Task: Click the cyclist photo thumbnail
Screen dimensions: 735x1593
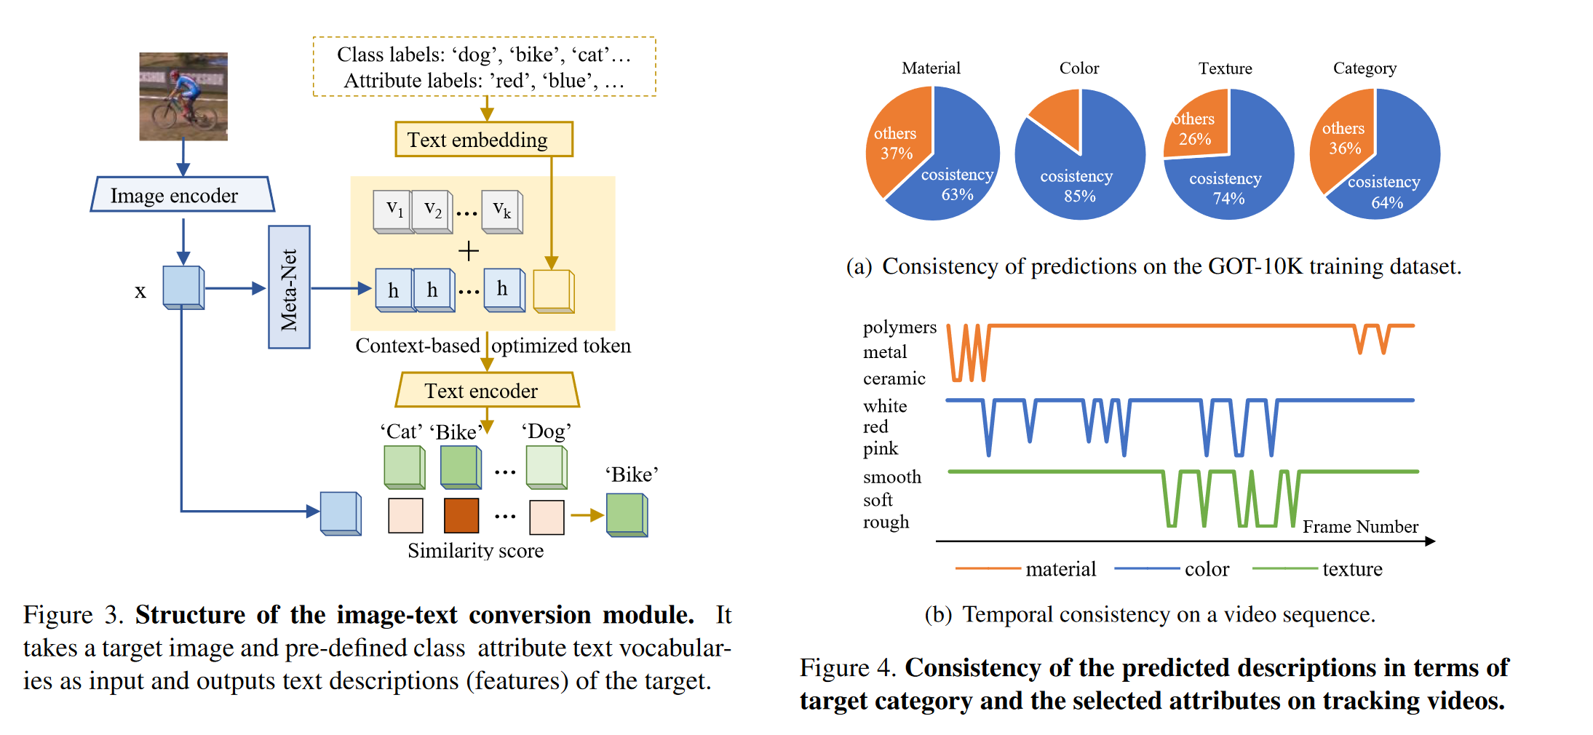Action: click(x=183, y=96)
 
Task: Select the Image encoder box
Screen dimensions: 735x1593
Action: click(x=182, y=195)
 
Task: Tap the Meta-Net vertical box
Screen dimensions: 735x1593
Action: click(x=289, y=287)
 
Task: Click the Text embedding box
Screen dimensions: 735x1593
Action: click(x=483, y=140)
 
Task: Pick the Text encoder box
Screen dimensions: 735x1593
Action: click(x=486, y=391)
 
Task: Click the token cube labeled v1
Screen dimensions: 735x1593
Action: click(x=394, y=211)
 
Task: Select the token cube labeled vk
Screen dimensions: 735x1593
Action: click(x=501, y=211)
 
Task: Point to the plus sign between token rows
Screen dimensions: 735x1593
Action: click(x=469, y=251)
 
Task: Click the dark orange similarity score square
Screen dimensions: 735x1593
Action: click(x=461, y=516)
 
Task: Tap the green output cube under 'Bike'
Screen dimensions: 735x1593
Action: click(x=626, y=515)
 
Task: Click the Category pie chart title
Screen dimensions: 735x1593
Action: click(x=1364, y=68)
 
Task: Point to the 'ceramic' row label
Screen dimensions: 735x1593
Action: click(x=894, y=378)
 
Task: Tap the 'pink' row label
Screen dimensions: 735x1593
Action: click(x=881, y=448)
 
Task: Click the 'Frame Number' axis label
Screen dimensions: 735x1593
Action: click(x=1359, y=526)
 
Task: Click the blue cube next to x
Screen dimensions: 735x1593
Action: click(x=183, y=287)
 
